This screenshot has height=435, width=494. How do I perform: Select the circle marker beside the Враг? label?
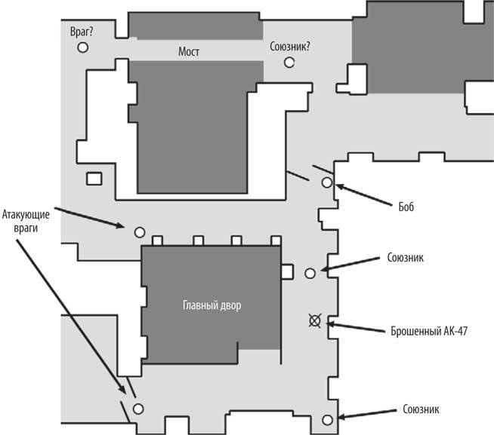pyautogui.click(x=83, y=47)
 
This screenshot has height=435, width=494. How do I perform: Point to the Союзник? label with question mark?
pyautogui.click(x=290, y=47)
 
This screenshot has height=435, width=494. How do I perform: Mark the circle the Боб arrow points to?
pyautogui.click(x=327, y=182)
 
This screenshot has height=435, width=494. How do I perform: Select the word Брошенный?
pyautogui.click(x=415, y=329)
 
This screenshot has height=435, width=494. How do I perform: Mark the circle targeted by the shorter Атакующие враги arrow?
pyautogui.click(x=139, y=231)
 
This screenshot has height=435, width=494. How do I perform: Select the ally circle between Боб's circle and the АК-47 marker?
pyautogui.click(x=309, y=273)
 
